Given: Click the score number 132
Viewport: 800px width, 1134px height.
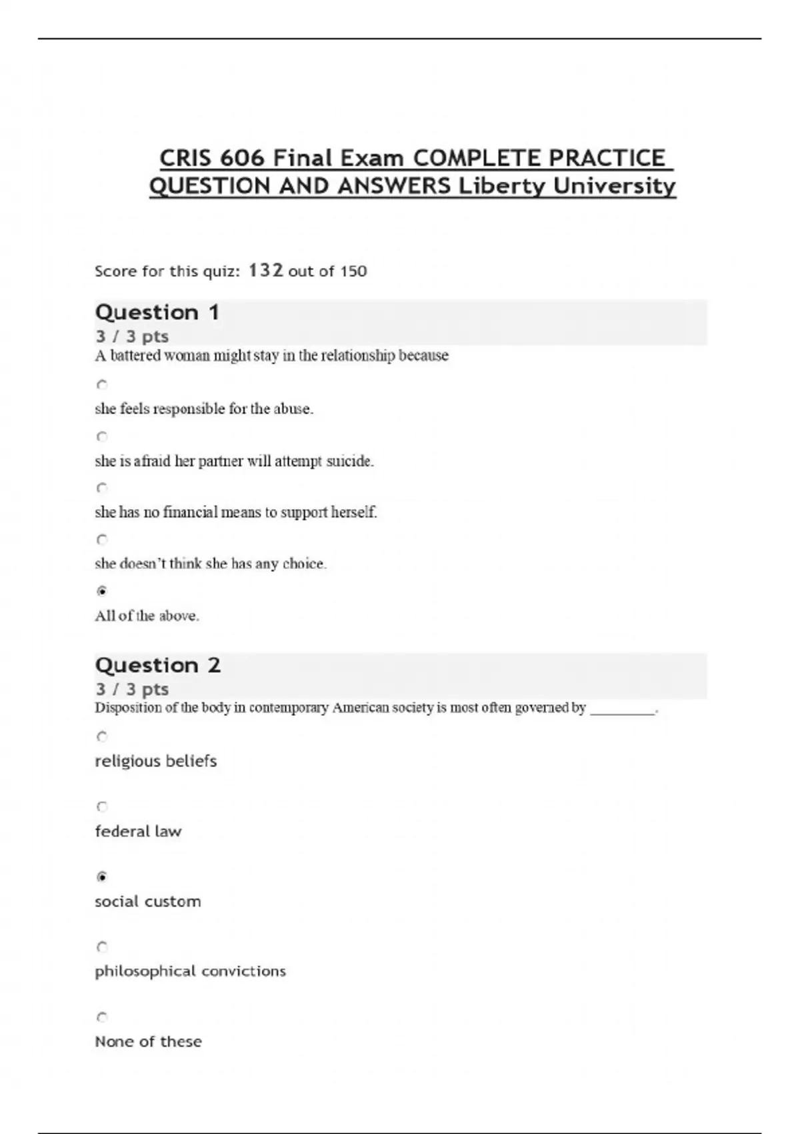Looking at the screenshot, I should point(266,271).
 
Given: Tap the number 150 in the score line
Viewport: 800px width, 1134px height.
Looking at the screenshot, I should point(353,271).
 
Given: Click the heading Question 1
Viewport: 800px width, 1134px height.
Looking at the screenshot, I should point(157,312).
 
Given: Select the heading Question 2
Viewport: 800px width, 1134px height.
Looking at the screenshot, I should point(158,665).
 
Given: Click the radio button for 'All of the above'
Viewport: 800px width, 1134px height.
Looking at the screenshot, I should point(102,591).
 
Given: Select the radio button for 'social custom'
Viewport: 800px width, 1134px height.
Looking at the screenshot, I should point(102,877).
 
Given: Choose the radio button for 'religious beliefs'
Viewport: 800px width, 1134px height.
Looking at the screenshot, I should point(102,736).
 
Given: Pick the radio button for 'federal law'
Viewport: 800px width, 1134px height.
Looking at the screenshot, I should point(102,806).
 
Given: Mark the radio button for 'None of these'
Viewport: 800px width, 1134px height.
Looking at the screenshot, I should point(102,1017).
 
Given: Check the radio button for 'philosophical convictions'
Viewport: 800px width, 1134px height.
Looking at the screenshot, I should point(102,947).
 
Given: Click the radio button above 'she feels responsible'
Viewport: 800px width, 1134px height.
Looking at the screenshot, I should point(102,385).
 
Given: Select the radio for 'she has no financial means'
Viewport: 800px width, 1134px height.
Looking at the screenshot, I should point(102,488).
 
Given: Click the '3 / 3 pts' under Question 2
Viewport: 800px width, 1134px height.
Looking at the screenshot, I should point(132,689).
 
